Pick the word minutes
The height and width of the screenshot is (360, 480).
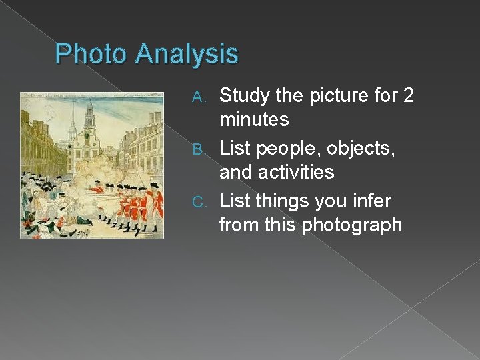point(254,120)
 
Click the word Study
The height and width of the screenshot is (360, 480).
point(245,96)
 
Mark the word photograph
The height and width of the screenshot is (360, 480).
point(351,225)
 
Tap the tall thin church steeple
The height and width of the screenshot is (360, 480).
point(70,123)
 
